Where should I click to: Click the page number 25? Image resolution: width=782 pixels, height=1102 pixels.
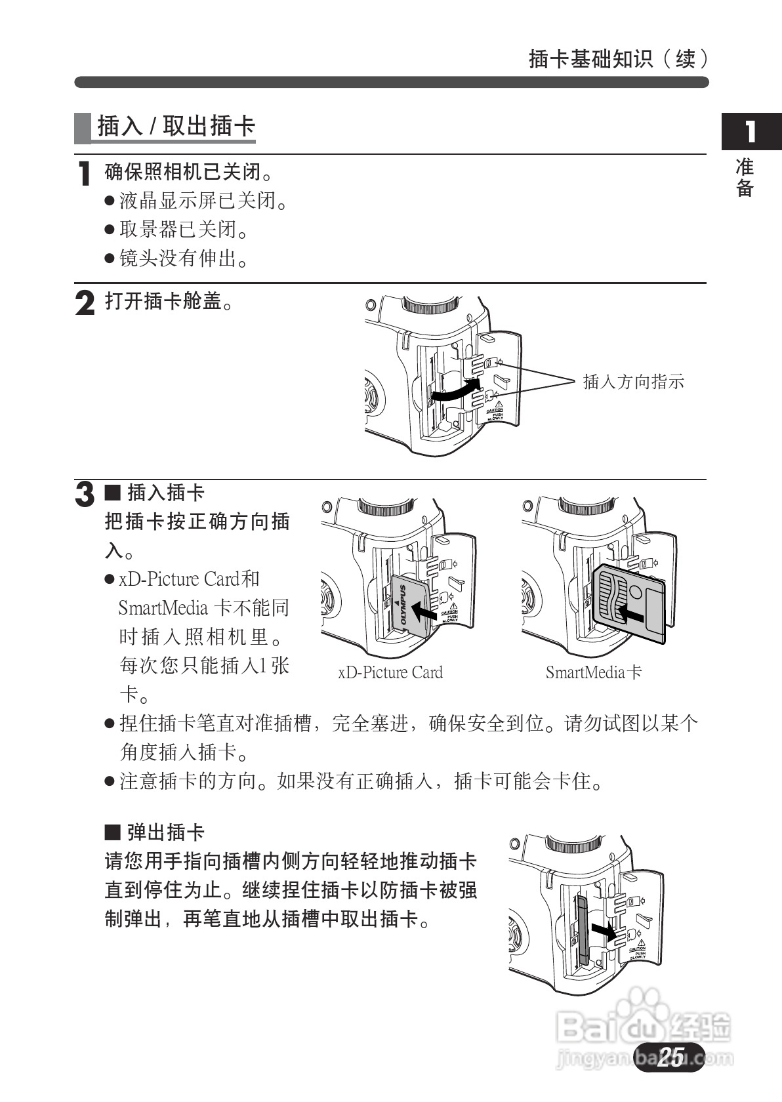(x=669, y=1057)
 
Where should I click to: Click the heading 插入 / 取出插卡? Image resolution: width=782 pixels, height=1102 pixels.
(x=176, y=126)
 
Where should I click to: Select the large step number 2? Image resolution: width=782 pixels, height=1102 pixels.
(x=85, y=303)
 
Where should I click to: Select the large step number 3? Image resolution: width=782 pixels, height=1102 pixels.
(x=85, y=494)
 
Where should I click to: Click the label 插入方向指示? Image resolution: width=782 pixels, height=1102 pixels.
(x=633, y=381)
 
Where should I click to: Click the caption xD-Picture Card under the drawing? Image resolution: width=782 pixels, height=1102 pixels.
(x=390, y=672)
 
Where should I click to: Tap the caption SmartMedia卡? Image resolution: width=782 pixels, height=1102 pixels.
(x=594, y=672)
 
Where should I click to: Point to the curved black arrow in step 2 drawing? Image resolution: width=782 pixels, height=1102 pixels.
(x=453, y=392)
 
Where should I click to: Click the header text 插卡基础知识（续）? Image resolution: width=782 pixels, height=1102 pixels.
(x=618, y=59)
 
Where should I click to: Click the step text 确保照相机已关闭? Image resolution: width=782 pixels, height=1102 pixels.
(x=189, y=172)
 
